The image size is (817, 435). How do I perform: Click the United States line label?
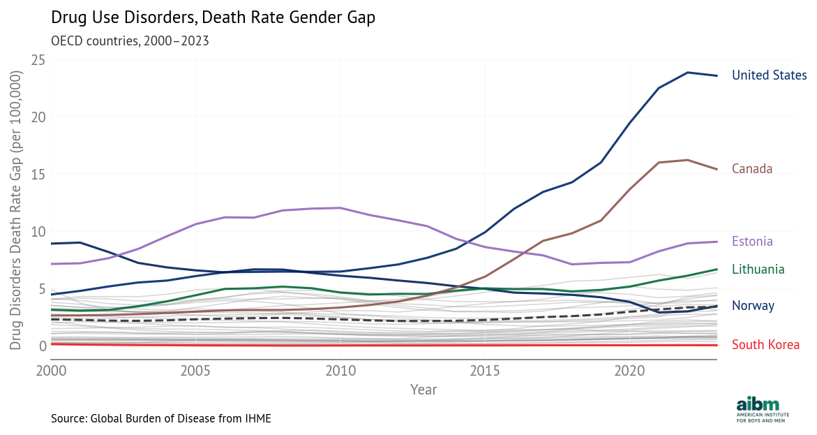(x=769, y=75)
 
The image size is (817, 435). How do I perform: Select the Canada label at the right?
(x=751, y=169)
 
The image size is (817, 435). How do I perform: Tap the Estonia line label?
(x=752, y=242)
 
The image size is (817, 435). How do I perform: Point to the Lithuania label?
(x=758, y=270)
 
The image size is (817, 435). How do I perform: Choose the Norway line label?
(x=753, y=306)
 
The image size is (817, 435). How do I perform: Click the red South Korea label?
(x=765, y=345)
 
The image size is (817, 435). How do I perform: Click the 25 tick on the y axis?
(x=38, y=60)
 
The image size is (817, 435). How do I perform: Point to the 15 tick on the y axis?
(x=38, y=174)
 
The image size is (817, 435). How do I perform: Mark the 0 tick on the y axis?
(x=41, y=346)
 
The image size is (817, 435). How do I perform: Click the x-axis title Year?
(x=424, y=390)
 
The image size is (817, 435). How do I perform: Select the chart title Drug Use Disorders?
(x=213, y=18)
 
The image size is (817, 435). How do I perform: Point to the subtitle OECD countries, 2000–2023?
(x=130, y=40)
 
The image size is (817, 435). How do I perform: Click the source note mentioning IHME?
(x=160, y=418)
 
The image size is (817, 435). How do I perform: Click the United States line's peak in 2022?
(x=688, y=73)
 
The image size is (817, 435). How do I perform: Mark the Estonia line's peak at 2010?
(x=340, y=208)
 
